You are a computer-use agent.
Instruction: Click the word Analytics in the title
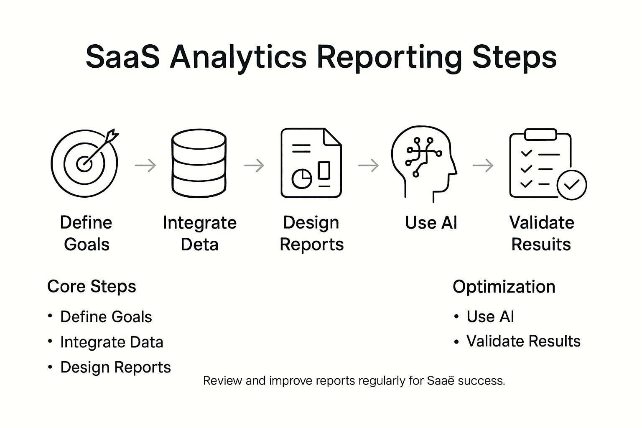click(238, 57)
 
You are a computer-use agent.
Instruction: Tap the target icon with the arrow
click(84, 163)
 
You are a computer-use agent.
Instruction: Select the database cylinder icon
click(199, 163)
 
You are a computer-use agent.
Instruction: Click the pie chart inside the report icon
click(301, 178)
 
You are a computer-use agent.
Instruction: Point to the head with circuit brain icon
click(423, 163)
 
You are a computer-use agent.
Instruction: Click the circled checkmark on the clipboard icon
click(572, 185)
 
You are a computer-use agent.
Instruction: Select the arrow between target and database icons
click(145, 166)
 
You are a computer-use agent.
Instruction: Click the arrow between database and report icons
click(254, 166)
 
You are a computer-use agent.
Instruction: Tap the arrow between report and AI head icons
click(369, 166)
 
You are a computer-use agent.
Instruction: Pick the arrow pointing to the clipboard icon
click(483, 166)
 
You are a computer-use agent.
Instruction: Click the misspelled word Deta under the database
click(199, 245)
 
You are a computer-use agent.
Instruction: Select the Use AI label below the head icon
click(431, 223)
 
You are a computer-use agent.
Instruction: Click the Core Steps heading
click(92, 287)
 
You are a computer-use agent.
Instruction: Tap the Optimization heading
click(504, 287)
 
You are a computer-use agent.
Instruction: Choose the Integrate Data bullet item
click(112, 342)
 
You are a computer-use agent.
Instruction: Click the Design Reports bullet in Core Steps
click(115, 367)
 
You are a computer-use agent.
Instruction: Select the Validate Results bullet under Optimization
click(523, 341)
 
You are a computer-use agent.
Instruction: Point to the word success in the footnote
click(481, 381)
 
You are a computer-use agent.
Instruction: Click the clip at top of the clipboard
click(540, 135)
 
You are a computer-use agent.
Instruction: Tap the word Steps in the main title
click(515, 57)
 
